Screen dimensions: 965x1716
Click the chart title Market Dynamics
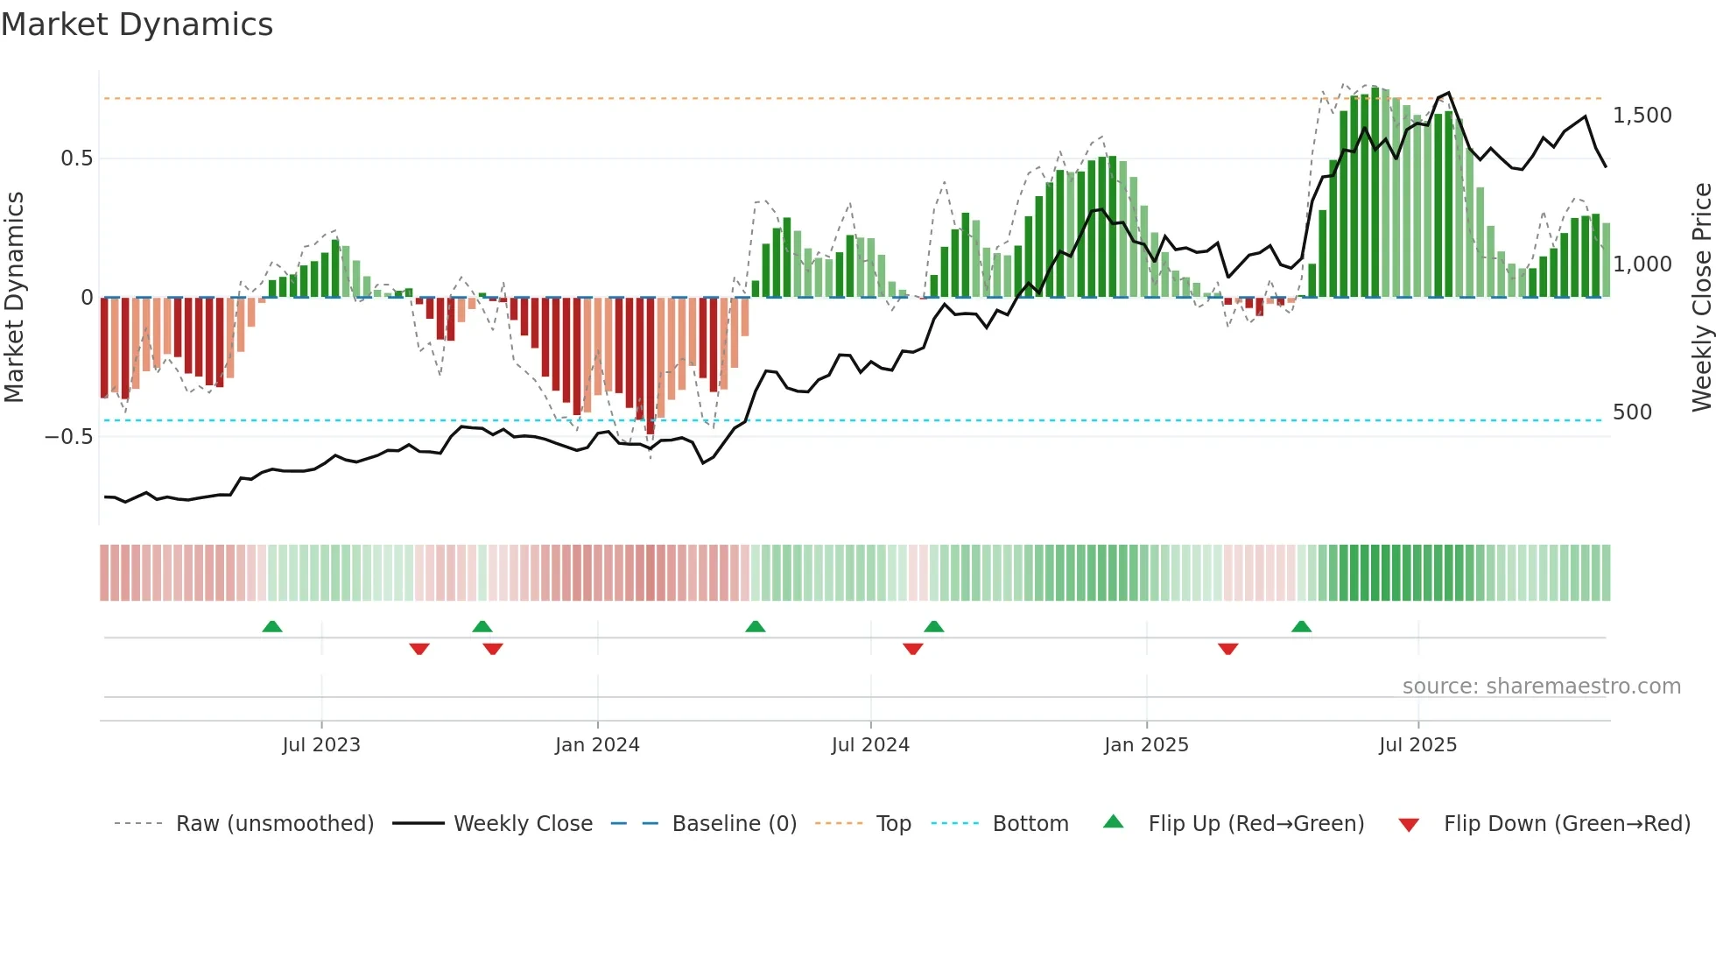pos(137,25)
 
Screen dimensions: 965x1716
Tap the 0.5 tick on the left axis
pos(76,158)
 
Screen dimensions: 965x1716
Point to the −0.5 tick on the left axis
pos(69,436)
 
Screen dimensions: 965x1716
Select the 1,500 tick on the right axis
pos(1642,116)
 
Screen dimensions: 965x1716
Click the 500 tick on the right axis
pos(1632,412)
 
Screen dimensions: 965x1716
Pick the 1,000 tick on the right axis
pos(1642,264)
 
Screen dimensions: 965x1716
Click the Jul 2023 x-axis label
pos(321,745)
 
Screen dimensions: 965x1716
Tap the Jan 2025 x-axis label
pos(1146,745)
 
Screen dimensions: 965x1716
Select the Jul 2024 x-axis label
pos(870,745)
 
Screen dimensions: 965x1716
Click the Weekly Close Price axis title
pos(1701,298)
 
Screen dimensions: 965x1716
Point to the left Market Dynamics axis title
pos(14,298)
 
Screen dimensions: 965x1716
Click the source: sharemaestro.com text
pos(1541,687)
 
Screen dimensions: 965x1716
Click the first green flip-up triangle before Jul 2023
pos(272,626)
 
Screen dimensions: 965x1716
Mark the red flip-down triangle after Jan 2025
pos(1227,649)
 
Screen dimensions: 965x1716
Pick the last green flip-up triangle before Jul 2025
pos(1301,626)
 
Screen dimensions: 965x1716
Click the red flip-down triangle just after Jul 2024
pos(912,649)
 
